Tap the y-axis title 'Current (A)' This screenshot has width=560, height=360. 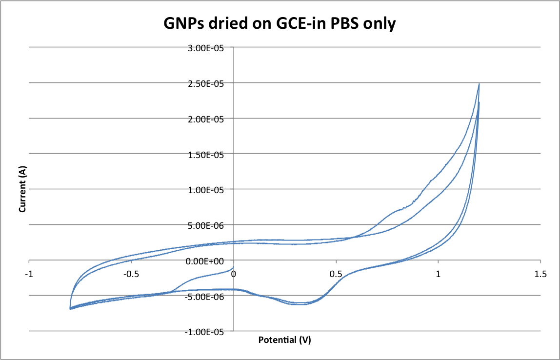coord(22,189)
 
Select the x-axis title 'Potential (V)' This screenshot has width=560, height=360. coord(284,340)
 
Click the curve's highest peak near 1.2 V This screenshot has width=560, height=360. coord(479,84)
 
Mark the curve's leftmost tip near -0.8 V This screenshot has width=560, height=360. coord(70,308)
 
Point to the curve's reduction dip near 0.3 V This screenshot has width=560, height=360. coord(299,304)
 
